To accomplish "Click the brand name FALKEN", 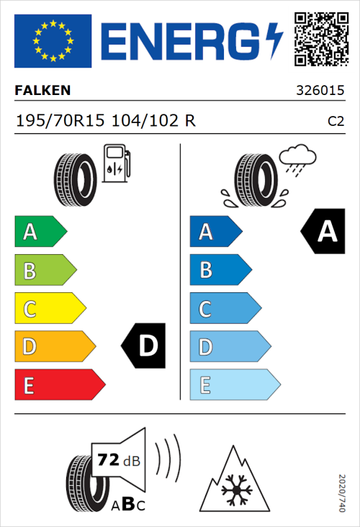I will pyautogui.click(x=42, y=91).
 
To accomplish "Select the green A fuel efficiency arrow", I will pyautogui.click(x=40, y=232).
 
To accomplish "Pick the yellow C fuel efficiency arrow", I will pyautogui.click(x=49, y=309).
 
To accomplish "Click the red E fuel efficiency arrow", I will pyautogui.click(x=59, y=385).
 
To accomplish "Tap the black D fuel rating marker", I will pyautogui.click(x=144, y=346).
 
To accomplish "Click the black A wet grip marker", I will pyautogui.click(x=323, y=231).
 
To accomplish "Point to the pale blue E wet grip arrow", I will pyautogui.click(x=234, y=385).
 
